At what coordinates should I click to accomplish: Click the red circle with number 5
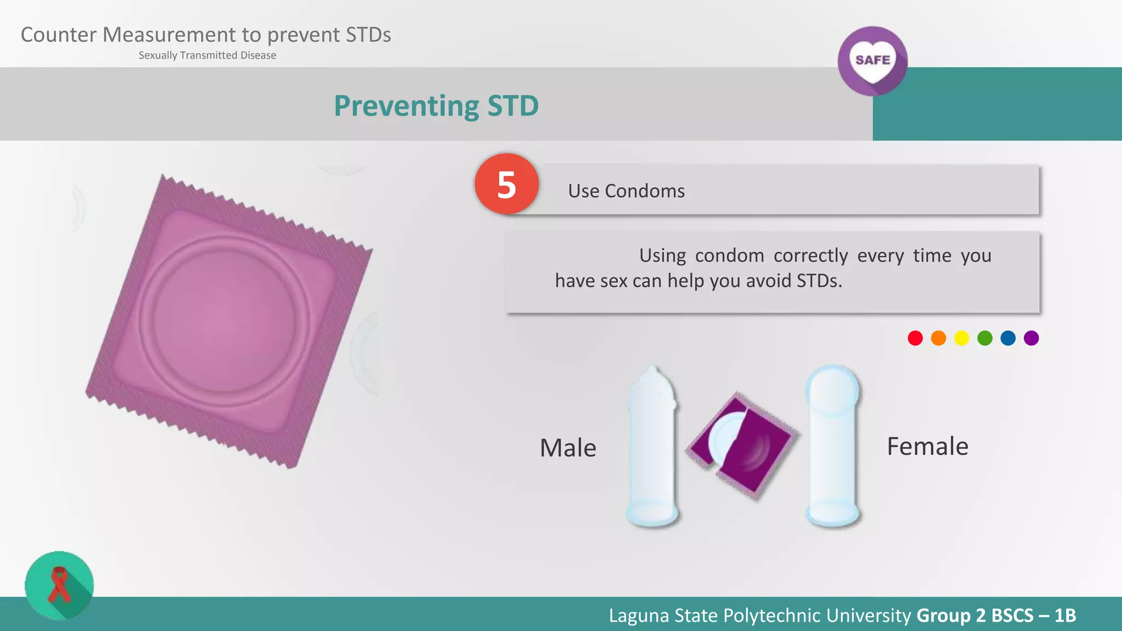click(507, 184)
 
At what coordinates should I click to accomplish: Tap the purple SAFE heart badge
click(872, 61)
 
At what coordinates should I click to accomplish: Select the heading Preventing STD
click(436, 106)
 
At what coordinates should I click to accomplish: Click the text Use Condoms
click(626, 191)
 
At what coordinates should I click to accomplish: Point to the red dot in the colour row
click(915, 338)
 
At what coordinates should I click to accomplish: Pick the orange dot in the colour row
click(938, 338)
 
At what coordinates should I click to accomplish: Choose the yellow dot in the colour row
click(961, 338)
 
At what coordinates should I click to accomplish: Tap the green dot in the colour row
click(984, 338)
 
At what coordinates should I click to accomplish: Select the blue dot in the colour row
click(1008, 338)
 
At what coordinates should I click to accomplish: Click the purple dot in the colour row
click(1031, 338)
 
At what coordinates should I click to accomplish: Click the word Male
click(568, 448)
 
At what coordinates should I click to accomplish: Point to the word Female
click(927, 446)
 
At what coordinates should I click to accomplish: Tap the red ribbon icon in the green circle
click(59, 585)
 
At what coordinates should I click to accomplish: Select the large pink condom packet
click(229, 322)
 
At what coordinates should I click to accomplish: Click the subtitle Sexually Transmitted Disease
click(207, 55)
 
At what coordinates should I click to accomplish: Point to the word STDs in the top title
click(368, 35)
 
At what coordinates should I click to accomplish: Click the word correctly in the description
click(811, 256)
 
